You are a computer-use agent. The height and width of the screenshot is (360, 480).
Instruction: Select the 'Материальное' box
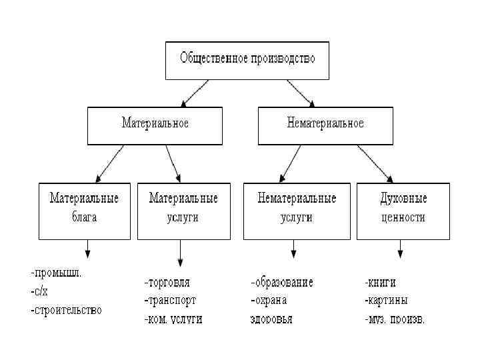[x=155, y=125]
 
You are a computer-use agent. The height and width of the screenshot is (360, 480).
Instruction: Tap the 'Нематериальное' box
[x=325, y=125]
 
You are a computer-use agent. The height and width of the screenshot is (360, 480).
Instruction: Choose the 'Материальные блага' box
[x=85, y=211]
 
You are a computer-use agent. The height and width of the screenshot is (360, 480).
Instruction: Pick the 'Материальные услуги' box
[x=183, y=211]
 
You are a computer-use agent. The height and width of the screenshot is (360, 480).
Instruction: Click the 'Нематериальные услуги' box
[x=297, y=211]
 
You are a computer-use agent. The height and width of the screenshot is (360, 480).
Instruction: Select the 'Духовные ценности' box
[x=403, y=211]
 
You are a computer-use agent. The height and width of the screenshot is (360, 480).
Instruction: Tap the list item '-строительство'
[x=66, y=310]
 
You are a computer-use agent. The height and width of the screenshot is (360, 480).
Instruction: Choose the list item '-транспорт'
[x=171, y=300]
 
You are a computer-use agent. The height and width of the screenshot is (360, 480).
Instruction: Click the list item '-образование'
[x=281, y=282]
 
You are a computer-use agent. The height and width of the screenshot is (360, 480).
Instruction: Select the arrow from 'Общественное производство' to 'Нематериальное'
[x=300, y=93]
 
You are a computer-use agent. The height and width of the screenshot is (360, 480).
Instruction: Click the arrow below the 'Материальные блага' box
[x=87, y=249]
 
